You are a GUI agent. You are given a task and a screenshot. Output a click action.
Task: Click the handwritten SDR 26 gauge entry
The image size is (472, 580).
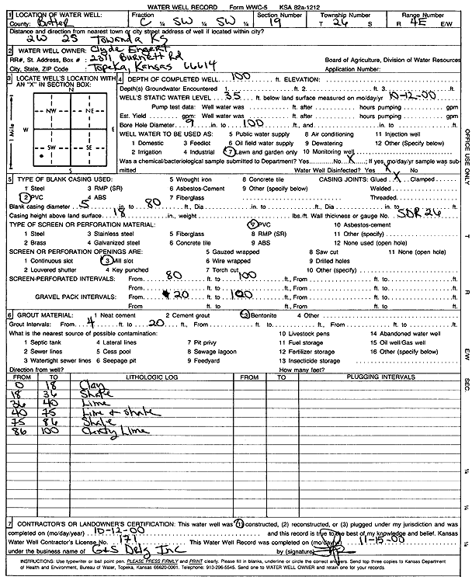[x=418, y=214]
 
